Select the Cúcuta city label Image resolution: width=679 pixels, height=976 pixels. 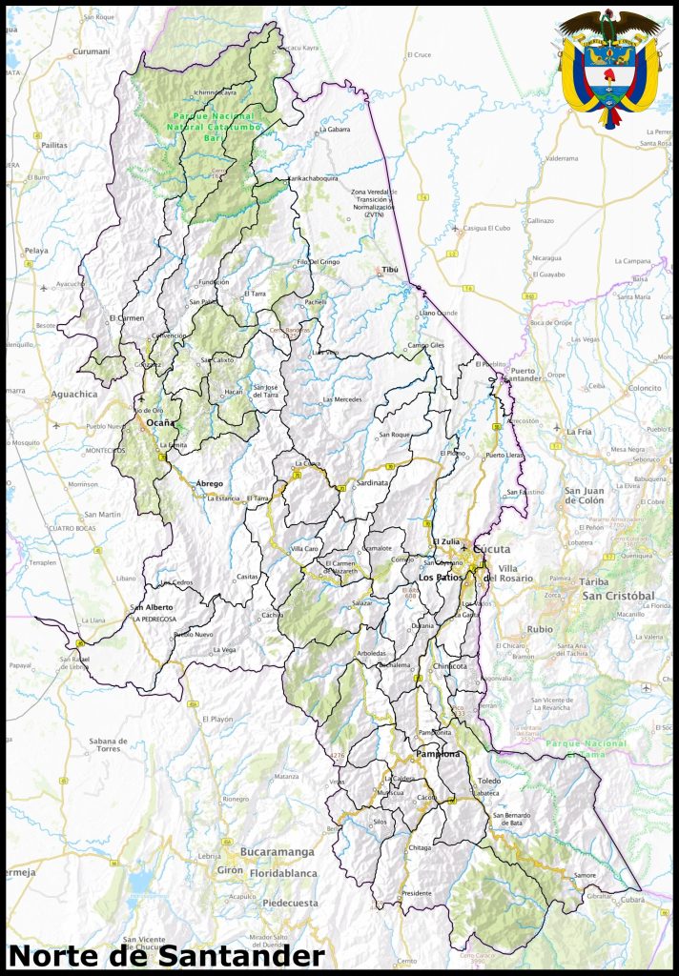[x=491, y=549]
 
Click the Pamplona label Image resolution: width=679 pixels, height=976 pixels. [x=438, y=754]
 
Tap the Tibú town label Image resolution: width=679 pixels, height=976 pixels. [x=389, y=270]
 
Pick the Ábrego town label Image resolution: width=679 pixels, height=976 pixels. [x=210, y=483]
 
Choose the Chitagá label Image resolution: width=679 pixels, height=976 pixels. [x=420, y=846]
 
